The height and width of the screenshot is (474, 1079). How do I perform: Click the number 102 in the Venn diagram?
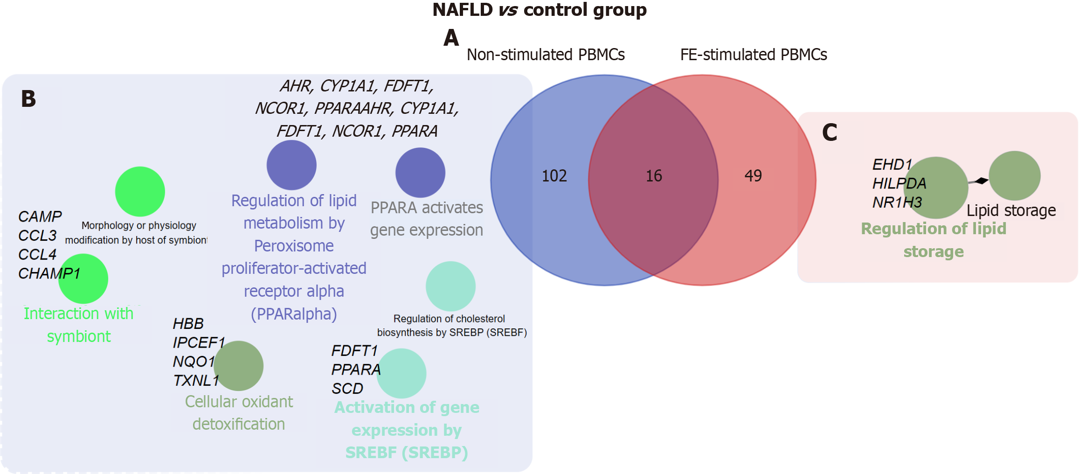[x=554, y=176]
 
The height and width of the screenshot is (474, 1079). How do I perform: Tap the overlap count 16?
[x=654, y=176]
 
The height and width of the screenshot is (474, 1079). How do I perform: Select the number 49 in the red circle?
[x=753, y=176]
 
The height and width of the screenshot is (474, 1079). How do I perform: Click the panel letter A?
[x=451, y=38]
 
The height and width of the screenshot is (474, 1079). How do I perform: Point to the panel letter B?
[x=28, y=99]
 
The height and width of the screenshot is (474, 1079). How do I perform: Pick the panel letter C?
[x=830, y=132]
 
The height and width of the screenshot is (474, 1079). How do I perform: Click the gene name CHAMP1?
[x=49, y=273]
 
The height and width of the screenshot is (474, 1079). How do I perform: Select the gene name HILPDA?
[x=899, y=183]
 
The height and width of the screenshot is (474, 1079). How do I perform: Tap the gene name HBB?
[x=188, y=323]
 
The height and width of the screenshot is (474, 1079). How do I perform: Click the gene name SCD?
[x=347, y=389]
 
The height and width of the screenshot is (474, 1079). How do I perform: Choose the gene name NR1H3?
[x=897, y=202]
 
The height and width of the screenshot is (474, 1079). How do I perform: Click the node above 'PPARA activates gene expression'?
[x=420, y=173]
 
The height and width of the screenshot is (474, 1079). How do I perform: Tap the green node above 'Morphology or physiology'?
[x=140, y=191]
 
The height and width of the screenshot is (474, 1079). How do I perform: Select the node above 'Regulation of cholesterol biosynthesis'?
[x=450, y=286]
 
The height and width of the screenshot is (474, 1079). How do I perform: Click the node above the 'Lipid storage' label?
[x=1014, y=175]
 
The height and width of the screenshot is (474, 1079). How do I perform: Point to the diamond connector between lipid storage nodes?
[x=982, y=181]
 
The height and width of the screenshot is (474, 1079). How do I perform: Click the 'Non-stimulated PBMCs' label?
[x=546, y=55]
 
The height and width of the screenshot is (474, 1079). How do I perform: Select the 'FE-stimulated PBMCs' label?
[x=754, y=55]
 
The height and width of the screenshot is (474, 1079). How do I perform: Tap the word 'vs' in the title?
[x=508, y=10]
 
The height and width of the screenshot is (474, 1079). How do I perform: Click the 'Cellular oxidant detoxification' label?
[x=239, y=413]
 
